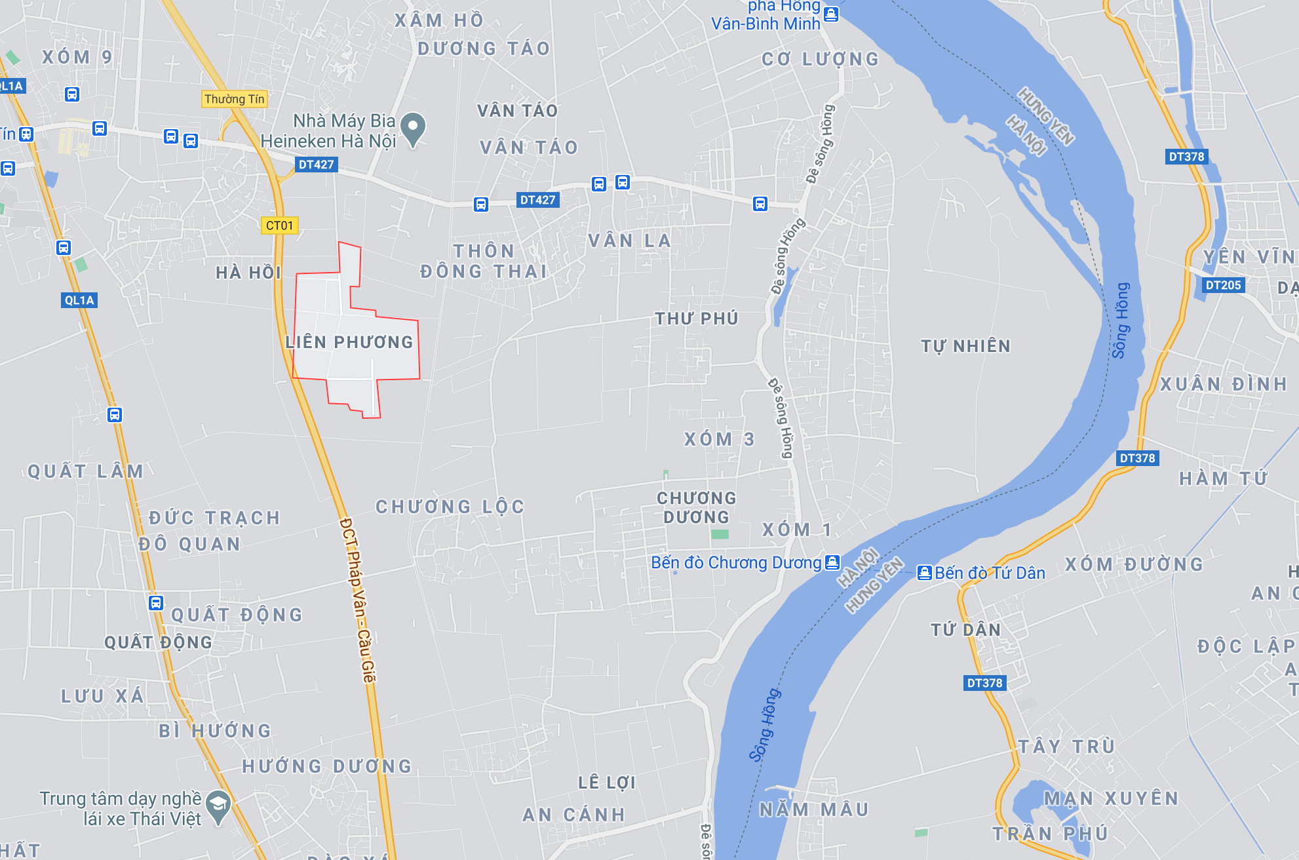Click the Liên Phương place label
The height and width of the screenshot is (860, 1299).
349,342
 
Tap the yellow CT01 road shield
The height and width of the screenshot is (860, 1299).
280,225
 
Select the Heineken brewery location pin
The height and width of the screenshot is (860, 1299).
413,128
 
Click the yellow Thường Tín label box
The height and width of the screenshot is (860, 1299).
234,99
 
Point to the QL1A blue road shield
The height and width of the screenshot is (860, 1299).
79,300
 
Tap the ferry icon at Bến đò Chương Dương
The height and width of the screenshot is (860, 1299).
832,562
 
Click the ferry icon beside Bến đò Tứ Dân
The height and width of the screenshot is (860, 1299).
924,573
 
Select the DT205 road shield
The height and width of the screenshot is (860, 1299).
1223,285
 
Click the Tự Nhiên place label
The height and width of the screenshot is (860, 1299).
965,346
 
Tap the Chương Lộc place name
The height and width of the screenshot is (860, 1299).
450,507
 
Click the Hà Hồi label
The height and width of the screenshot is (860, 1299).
248,273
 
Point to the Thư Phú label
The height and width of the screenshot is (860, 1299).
697,319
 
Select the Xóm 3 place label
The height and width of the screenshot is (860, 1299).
719,439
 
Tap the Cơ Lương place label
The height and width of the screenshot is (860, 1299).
820,60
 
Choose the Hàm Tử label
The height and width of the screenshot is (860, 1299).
1223,479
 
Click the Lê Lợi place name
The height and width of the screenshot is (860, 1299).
607,783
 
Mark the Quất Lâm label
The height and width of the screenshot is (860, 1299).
85,471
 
